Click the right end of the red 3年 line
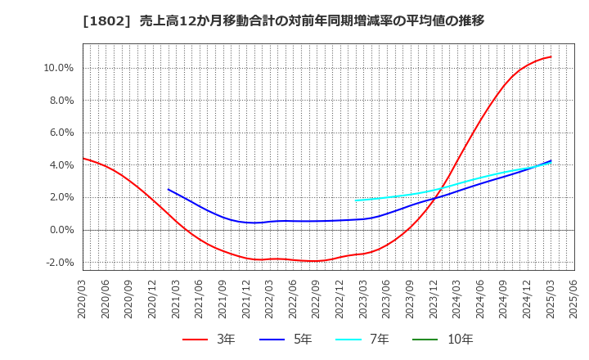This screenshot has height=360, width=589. pyautogui.click(x=551, y=56)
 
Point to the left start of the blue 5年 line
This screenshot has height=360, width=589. pyautogui.click(x=169, y=189)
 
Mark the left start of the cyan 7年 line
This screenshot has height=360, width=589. pyautogui.click(x=356, y=200)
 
